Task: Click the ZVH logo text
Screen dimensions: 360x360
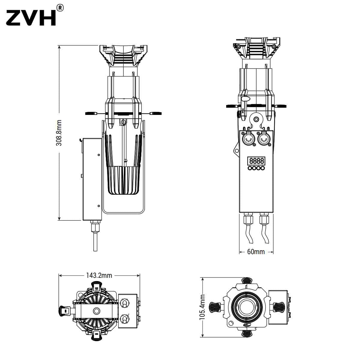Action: click(31, 18)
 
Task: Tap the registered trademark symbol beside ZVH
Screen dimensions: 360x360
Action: click(60, 8)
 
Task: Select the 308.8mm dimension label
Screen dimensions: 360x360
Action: click(59, 133)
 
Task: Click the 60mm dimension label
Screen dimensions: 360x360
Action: click(256, 252)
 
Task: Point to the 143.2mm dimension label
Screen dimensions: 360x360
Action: click(99, 275)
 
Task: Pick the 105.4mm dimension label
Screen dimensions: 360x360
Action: click(202, 307)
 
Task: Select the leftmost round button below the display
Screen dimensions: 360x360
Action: click(250, 168)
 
